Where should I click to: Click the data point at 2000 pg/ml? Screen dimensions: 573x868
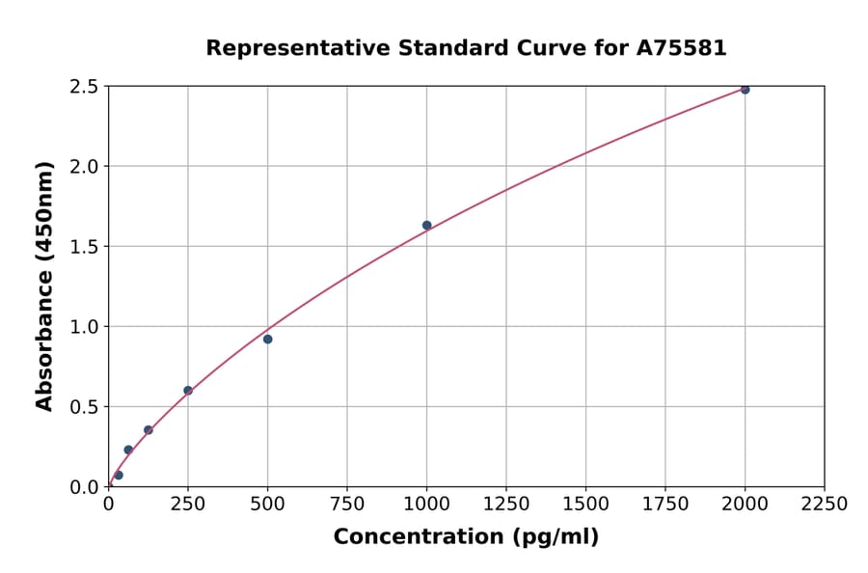point(745,90)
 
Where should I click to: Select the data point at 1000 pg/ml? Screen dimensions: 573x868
point(426,226)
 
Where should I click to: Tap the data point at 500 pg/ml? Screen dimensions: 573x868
point(267,339)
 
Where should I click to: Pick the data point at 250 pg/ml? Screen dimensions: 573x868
point(188,391)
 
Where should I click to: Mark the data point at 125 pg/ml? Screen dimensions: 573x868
point(149,430)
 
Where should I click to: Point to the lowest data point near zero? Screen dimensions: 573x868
point(119,475)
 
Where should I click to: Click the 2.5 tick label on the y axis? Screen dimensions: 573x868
point(84,87)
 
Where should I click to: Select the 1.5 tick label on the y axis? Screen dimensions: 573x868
point(84,247)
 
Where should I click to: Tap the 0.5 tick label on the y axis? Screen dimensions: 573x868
point(84,407)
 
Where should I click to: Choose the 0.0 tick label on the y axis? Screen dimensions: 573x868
point(84,487)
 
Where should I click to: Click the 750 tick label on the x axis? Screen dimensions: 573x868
point(347,505)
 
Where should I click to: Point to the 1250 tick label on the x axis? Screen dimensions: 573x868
point(506,505)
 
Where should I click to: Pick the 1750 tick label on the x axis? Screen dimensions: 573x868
point(665,505)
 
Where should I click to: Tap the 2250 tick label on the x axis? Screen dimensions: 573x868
point(825,505)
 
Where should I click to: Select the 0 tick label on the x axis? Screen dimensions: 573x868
point(108,505)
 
